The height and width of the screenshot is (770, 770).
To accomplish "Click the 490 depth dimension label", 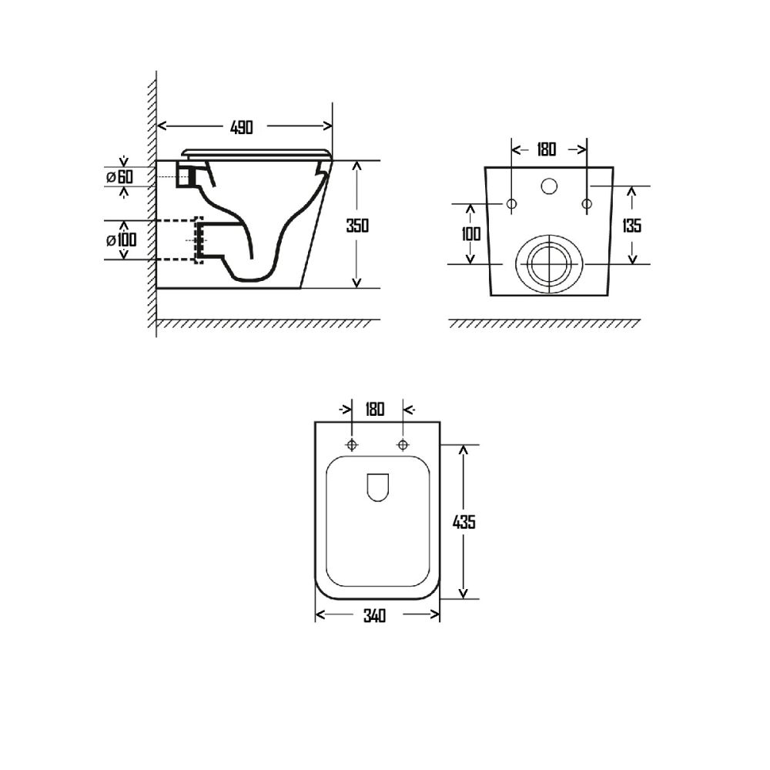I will [241, 127].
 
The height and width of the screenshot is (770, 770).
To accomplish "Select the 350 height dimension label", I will [357, 226].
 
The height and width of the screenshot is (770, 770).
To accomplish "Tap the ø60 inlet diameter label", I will [120, 177].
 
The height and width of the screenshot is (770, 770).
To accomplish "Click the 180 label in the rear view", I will [546, 149].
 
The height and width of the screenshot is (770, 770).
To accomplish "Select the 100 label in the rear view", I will [471, 233].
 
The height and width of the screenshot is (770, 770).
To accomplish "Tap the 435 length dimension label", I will [464, 521].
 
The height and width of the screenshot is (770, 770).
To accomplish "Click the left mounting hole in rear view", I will [511, 204].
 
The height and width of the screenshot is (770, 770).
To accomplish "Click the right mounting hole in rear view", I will [586, 204].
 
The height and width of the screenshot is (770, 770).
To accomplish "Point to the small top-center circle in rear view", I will [549, 186].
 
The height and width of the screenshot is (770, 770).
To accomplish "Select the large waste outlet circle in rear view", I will [548, 263].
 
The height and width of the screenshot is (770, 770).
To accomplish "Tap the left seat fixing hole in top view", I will [352, 445].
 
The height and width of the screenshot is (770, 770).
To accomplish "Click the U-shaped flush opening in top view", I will [377, 487].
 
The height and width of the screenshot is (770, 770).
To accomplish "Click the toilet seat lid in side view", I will [258, 152].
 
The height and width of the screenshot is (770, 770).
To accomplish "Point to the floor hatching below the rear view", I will [544, 324].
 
